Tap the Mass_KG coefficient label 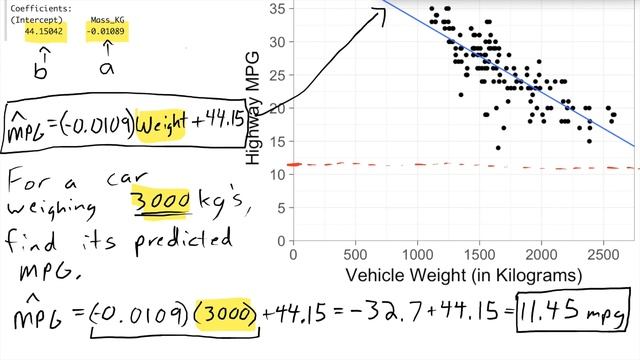tap(106, 19)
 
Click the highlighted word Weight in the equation tap(170, 126)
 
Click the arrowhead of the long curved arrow tap(381, 10)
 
